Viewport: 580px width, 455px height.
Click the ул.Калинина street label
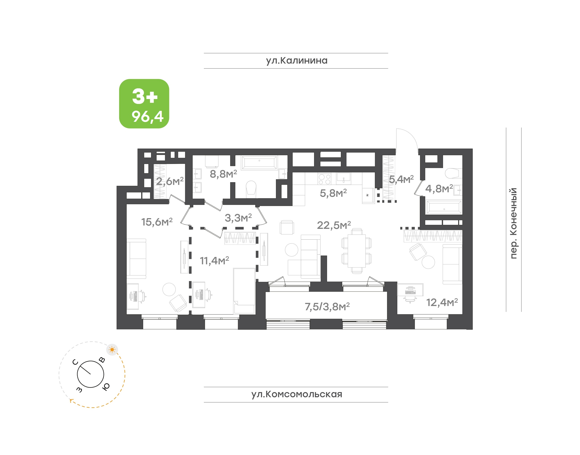(296, 61)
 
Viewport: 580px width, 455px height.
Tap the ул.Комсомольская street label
(296, 394)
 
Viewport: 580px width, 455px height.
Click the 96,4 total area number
(147, 117)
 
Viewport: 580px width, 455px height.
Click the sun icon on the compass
(112, 349)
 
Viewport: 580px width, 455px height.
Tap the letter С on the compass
(75, 362)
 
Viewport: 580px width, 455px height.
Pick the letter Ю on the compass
(106, 387)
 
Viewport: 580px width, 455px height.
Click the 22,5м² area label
(334, 225)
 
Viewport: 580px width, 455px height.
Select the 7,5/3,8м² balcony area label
(327, 307)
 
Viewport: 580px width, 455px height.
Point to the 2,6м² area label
(170, 181)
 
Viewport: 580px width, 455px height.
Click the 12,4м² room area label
(442, 302)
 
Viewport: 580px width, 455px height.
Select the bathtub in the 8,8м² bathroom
(259, 163)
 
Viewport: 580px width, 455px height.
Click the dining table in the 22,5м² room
(356, 251)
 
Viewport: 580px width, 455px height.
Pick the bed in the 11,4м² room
(244, 291)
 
